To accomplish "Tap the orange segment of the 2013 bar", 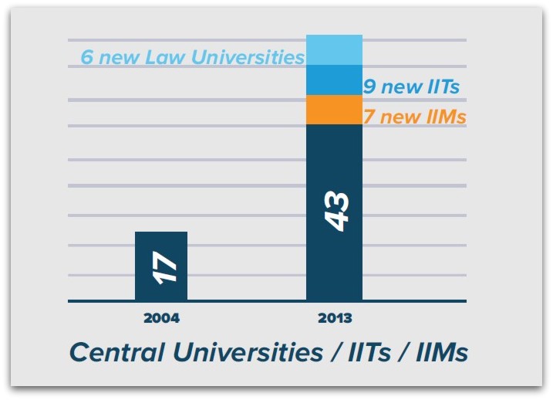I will [x=334, y=110].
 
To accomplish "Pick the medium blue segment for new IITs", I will [x=334, y=80].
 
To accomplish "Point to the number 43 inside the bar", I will [x=336, y=210].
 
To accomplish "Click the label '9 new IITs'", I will [x=411, y=86].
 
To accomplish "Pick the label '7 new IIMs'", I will [x=414, y=117].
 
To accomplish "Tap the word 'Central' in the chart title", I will [x=116, y=352].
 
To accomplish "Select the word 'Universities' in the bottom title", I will [x=245, y=352].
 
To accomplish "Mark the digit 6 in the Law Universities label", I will [x=86, y=58].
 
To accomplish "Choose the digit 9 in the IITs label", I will [x=369, y=86].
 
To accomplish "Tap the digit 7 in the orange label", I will [x=369, y=117].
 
